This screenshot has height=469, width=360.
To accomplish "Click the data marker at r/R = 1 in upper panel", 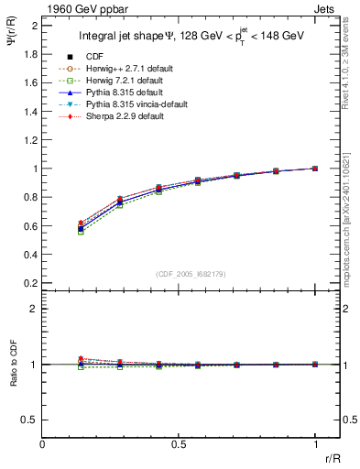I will coord(315,169).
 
